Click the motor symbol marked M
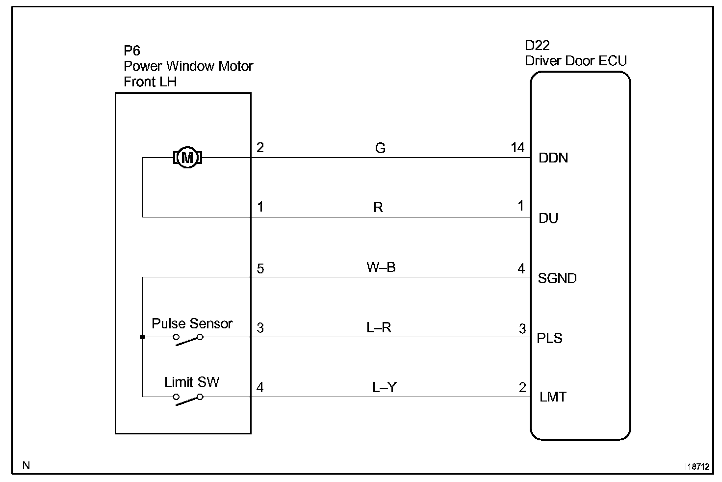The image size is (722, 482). [x=187, y=158]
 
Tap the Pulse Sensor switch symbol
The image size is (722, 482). [x=188, y=339]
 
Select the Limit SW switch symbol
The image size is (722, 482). [x=188, y=399]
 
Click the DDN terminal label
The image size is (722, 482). [x=553, y=158]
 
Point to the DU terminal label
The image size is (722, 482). [x=548, y=218]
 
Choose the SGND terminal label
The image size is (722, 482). [x=557, y=278]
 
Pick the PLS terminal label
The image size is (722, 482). [x=549, y=338]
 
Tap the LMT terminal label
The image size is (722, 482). [x=553, y=397]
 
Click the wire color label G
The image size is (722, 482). [x=380, y=148]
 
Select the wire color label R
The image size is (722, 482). [x=378, y=208]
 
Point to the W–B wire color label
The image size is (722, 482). [x=381, y=268]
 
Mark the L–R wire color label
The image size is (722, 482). [x=379, y=327]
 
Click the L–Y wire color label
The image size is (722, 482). [x=384, y=388]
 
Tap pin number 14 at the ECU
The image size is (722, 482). [x=517, y=148]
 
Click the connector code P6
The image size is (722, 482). [x=131, y=51]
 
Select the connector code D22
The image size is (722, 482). [x=537, y=46]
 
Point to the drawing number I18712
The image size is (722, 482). [x=697, y=467]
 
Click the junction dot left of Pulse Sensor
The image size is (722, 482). [x=142, y=337]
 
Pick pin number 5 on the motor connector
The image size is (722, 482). [x=260, y=269]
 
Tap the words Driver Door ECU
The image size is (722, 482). [x=576, y=61]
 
